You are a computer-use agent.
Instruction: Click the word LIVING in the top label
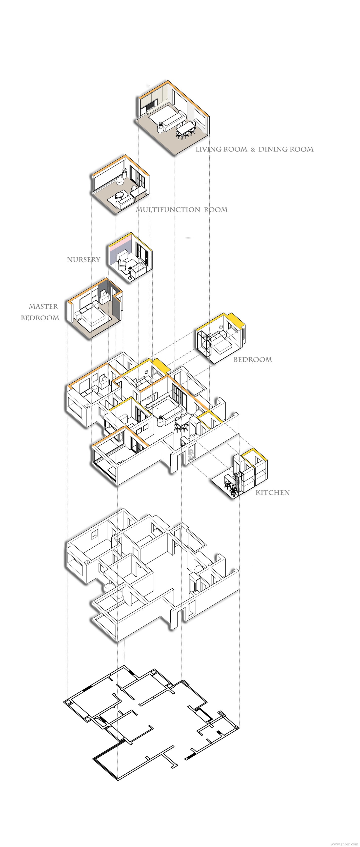[x=208, y=150]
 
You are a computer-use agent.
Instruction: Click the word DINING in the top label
[x=270, y=150]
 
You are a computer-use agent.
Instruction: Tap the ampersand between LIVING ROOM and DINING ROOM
[x=253, y=150]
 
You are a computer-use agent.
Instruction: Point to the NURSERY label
[x=83, y=260]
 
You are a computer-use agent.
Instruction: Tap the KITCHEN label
[x=273, y=493]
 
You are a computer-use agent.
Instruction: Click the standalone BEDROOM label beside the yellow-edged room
[x=253, y=360]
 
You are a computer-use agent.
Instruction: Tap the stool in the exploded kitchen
[x=227, y=483]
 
